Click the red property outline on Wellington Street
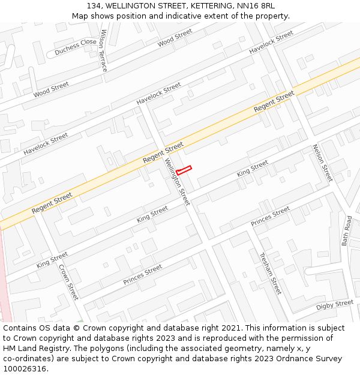click(x=184, y=170)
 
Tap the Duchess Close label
click(x=76, y=47)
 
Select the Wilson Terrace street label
click(x=103, y=50)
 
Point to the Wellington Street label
click(x=178, y=182)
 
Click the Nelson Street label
click(x=322, y=163)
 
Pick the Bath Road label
click(x=347, y=231)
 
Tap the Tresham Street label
click(x=269, y=273)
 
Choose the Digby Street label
click(x=335, y=305)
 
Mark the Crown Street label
click(x=68, y=282)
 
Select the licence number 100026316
click(x=26, y=369)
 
